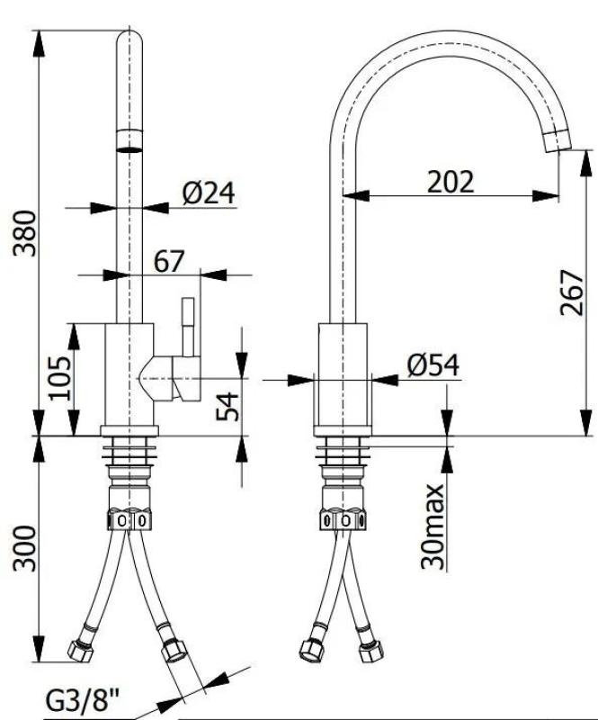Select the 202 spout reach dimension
tap(450, 181)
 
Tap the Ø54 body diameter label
tap(432, 364)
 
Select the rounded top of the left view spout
tap(131, 40)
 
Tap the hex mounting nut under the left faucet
tap(131, 519)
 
